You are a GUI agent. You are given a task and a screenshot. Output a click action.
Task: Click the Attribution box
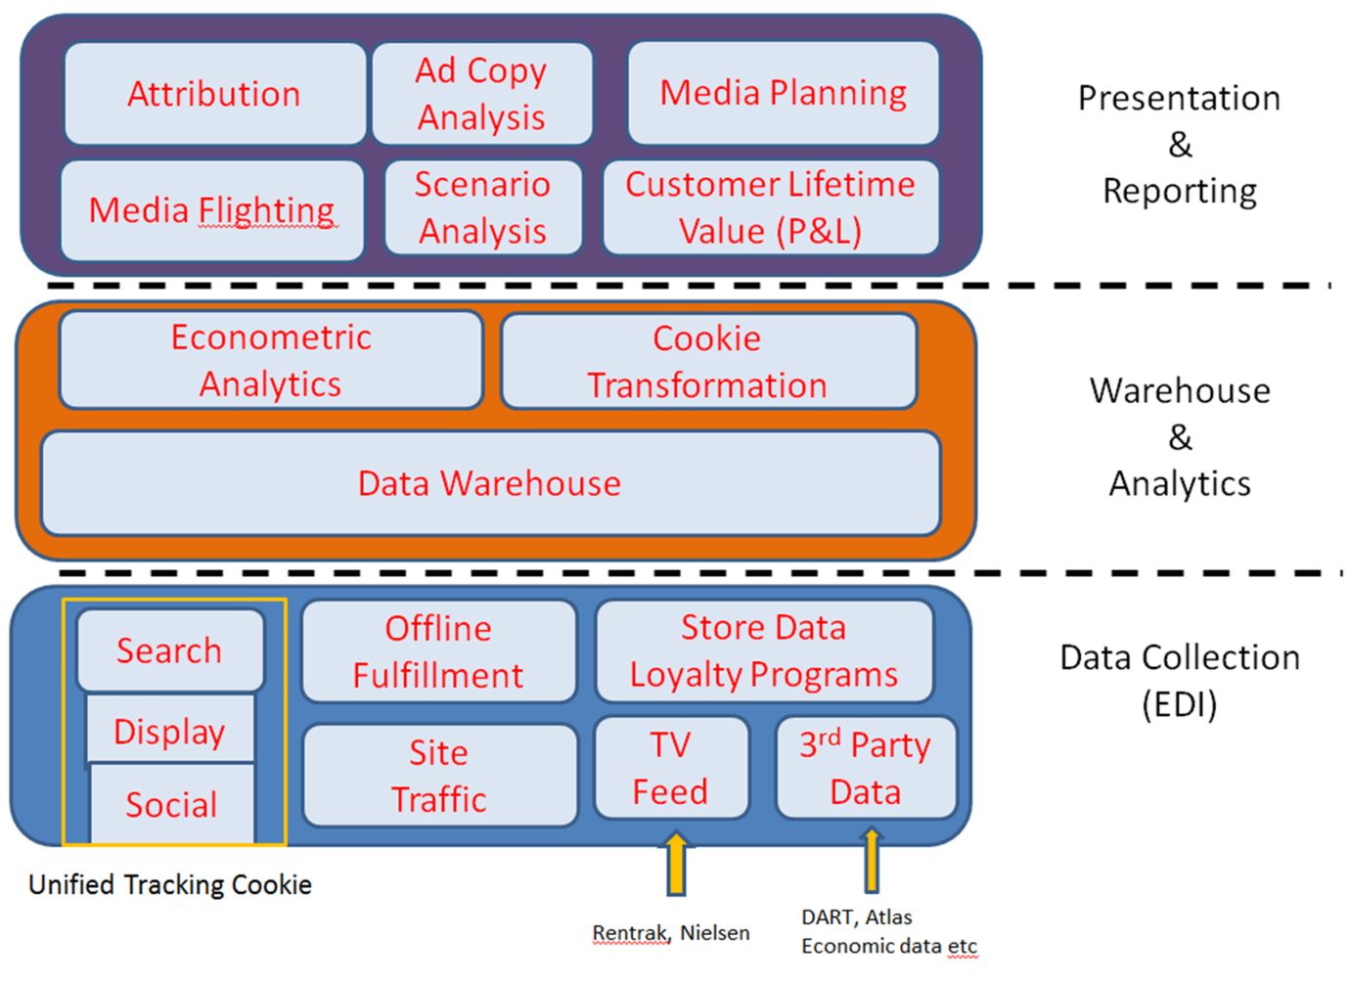pyautogui.click(x=214, y=94)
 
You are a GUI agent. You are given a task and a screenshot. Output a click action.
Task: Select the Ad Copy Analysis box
pyautogui.click(x=481, y=94)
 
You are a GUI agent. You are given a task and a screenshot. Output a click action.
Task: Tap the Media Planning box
pyautogui.click(x=783, y=93)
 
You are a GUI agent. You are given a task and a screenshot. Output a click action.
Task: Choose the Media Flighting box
pyautogui.click(x=212, y=210)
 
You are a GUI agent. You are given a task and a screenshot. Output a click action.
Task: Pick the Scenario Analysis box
pyautogui.click(x=482, y=207)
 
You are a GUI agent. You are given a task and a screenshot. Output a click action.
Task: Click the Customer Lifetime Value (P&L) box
pyautogui.click(x=770, y=207)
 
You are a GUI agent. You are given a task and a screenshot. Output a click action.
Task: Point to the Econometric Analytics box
pyautogui.click(x=271, y=360)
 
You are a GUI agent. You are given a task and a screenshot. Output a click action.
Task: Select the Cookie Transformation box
pyautogui.click(x=707, y=361)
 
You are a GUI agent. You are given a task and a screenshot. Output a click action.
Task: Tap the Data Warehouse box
pyautogui.click(x=489, y=483)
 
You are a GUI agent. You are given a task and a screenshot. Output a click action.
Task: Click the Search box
pyautogui.click(x=169, y=650)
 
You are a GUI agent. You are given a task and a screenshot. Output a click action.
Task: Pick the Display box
pyautogui.click(x=169, y=731)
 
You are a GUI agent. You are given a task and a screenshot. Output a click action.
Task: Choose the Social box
pyautogui.click(x=171, y=805)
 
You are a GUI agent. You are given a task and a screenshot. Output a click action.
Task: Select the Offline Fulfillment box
pyautogui.click(x=438, y=651)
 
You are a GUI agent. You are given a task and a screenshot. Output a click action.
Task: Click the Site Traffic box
pyautogui.click(x=439, y=776)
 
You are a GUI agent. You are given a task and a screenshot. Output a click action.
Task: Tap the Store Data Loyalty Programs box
pyautogui.click(x=763, y=650)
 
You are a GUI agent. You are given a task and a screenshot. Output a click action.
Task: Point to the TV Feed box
pyautogui.click(x=670, y=768)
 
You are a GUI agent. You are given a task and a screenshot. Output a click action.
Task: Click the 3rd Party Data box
pyautogui.click(x=865, y=768)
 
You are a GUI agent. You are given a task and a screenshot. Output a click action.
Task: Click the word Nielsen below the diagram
pyautogui.click(x=714, y=933)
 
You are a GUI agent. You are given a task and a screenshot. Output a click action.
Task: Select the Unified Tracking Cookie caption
pyautogui.click(x=170, y=884)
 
